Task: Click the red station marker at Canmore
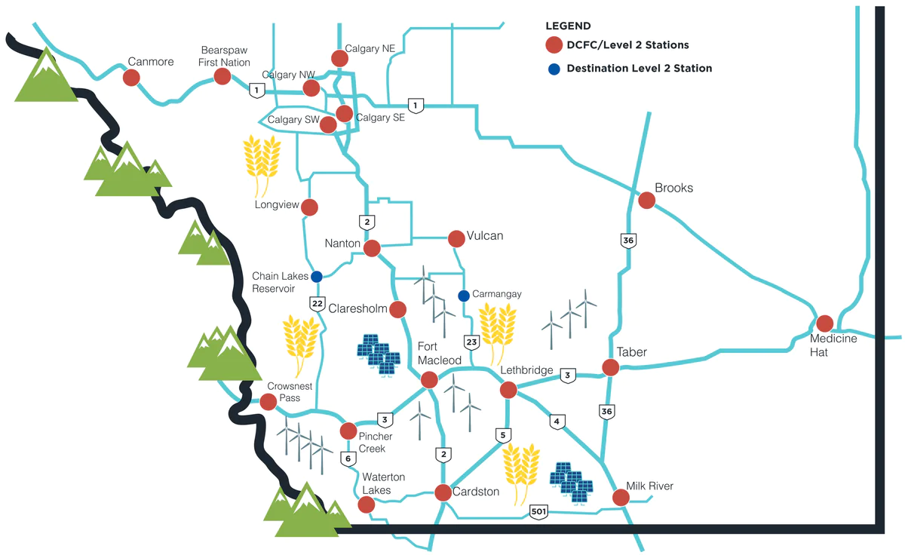click(131, 77)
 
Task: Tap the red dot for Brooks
click(646, 200)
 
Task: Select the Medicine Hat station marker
click(824, 323)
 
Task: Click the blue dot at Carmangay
click(463, 294)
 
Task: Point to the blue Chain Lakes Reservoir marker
click(317, 275)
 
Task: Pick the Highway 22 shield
click(318, 302)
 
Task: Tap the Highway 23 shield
click(472, 343)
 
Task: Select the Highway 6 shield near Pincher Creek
click(348, 458)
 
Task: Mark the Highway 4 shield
click(557, 422)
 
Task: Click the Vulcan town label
click(484, 236)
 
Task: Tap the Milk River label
click(649, 486)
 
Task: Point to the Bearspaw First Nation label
click(224, 56)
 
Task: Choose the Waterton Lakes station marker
click(367, 504)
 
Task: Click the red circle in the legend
click(554, 45)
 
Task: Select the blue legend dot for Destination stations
click(554, 69)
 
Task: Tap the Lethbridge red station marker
click(508, 390)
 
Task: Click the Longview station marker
click(309, 207)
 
